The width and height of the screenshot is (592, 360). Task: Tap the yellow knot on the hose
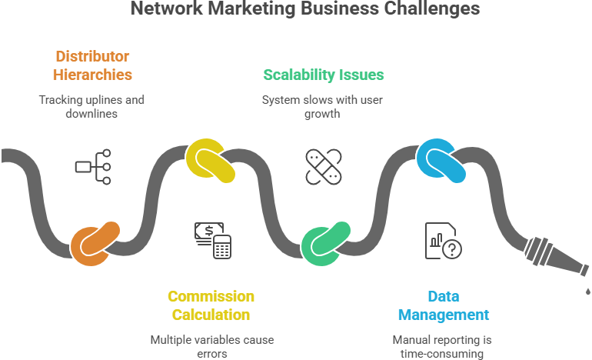click(208, 159)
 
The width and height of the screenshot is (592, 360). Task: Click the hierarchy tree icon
click(93, 165)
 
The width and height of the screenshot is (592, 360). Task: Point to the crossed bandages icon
click(324, 167)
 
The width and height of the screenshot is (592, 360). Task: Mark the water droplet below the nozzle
click(587, 292)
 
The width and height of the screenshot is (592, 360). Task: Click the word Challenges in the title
click(432, 9)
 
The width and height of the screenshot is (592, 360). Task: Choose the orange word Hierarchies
click(92, 75)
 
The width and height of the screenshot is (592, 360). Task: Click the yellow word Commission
click(211, 296)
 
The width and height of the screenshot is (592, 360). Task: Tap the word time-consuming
click(442, 353)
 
